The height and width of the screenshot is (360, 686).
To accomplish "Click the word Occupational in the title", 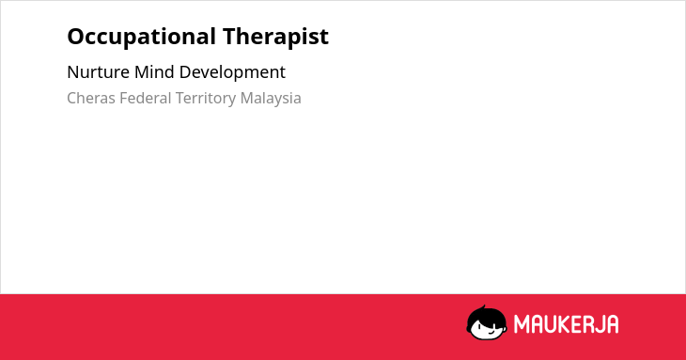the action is click(x=141, y=38).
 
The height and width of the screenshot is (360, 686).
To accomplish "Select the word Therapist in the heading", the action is click(x=275, y=37).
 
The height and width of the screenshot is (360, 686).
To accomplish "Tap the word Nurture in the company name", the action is click(x=98, y=72).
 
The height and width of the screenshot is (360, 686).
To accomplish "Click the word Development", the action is click(x=232, y=72).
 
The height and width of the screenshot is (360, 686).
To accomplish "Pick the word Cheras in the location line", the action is click(x=91, y=98).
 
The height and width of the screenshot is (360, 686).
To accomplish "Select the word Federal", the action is click(x=146, y=98).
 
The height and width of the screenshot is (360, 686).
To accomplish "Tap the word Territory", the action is click(x=206, y=99).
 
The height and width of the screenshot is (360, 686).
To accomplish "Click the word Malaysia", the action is click(x=271, y=99).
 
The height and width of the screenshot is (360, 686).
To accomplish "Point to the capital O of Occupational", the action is click(x=76, y=37).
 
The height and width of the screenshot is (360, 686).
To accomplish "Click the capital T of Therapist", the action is click(x=230, y=37).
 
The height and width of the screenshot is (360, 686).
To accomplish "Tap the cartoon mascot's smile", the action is click(x=491, y=331).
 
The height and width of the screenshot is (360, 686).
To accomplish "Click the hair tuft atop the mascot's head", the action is click(x=483, y=307).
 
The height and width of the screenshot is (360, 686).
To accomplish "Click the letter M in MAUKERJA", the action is click(x=522, y=324).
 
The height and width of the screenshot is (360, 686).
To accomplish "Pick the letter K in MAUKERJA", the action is click(x=565, y=324).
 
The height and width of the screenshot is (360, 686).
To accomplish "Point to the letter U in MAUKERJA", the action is click(x=551, y=324).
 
